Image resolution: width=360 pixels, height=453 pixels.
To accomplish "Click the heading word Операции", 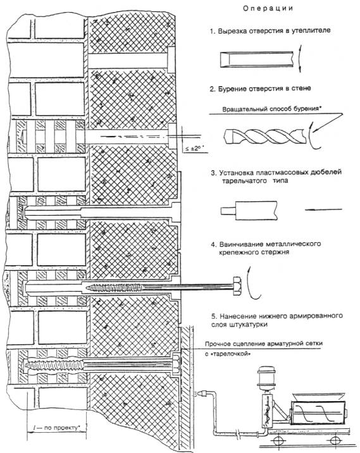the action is point(268,8).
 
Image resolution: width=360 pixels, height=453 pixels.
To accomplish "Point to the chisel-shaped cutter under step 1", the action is point(257,59).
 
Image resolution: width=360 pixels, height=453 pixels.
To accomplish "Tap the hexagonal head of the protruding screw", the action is point(237,286).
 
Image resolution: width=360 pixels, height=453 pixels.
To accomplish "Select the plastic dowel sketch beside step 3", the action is point(249,211).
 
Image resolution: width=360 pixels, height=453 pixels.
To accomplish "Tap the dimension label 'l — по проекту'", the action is point(56,428).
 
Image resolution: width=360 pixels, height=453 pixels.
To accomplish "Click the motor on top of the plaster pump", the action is point(266,375).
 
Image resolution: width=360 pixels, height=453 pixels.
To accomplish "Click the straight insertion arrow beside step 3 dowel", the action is point(323,210).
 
